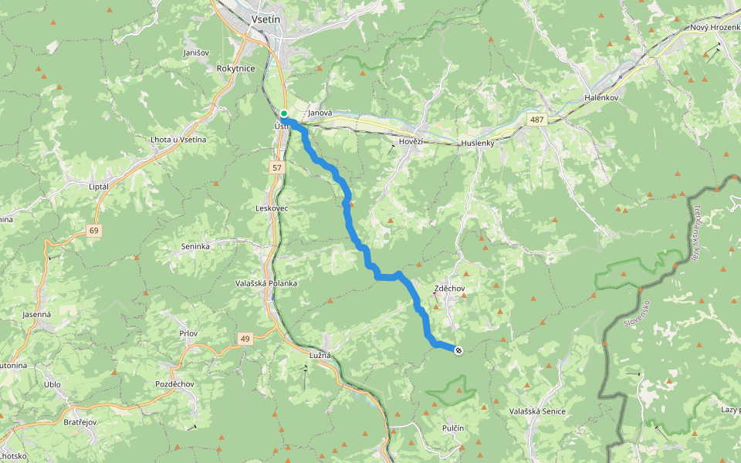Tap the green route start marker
[284, 113]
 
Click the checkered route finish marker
[458, 351]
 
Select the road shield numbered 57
[276, 167]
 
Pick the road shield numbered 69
[94, 230]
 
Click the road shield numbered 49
[245, 338]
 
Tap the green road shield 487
[537, 119]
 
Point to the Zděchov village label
[449, 288]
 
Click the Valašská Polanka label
[266, 283]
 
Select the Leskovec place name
[272, 208]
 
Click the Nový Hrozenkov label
[715, 28]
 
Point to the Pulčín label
[453, 427]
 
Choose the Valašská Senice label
[537, 411]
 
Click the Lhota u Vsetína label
[178, 139]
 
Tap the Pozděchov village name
[174, 384]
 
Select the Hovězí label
[412, 142]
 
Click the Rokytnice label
[236, 68]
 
